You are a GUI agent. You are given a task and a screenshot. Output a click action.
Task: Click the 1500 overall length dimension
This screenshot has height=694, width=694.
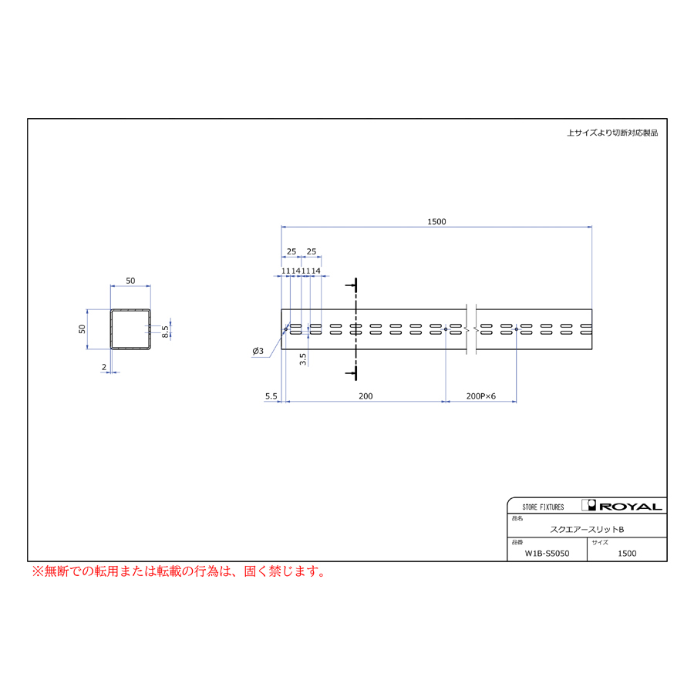(x=436, y=221)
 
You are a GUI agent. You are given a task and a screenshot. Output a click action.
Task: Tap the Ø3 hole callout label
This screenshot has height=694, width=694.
(x=258, y=351)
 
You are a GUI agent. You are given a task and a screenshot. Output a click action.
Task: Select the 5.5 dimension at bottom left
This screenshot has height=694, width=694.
(x=271, y=396)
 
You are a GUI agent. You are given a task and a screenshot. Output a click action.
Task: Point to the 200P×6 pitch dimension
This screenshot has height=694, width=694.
(x=480, y=396)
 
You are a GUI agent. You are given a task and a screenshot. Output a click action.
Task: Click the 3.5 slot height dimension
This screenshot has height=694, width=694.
(x=303, y=359)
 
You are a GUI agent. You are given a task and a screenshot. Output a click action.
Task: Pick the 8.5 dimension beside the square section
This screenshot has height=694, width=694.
(x=165, y=332)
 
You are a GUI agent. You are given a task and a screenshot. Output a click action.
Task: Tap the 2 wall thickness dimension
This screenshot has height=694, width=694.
(x=104, y=367)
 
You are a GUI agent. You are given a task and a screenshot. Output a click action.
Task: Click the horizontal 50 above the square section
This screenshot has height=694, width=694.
(x=130, y=281)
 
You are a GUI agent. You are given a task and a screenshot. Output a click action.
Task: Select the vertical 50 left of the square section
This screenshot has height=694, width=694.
(x=82, y=328)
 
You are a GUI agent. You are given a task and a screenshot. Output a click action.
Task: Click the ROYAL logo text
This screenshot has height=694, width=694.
(x=630, y=507)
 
